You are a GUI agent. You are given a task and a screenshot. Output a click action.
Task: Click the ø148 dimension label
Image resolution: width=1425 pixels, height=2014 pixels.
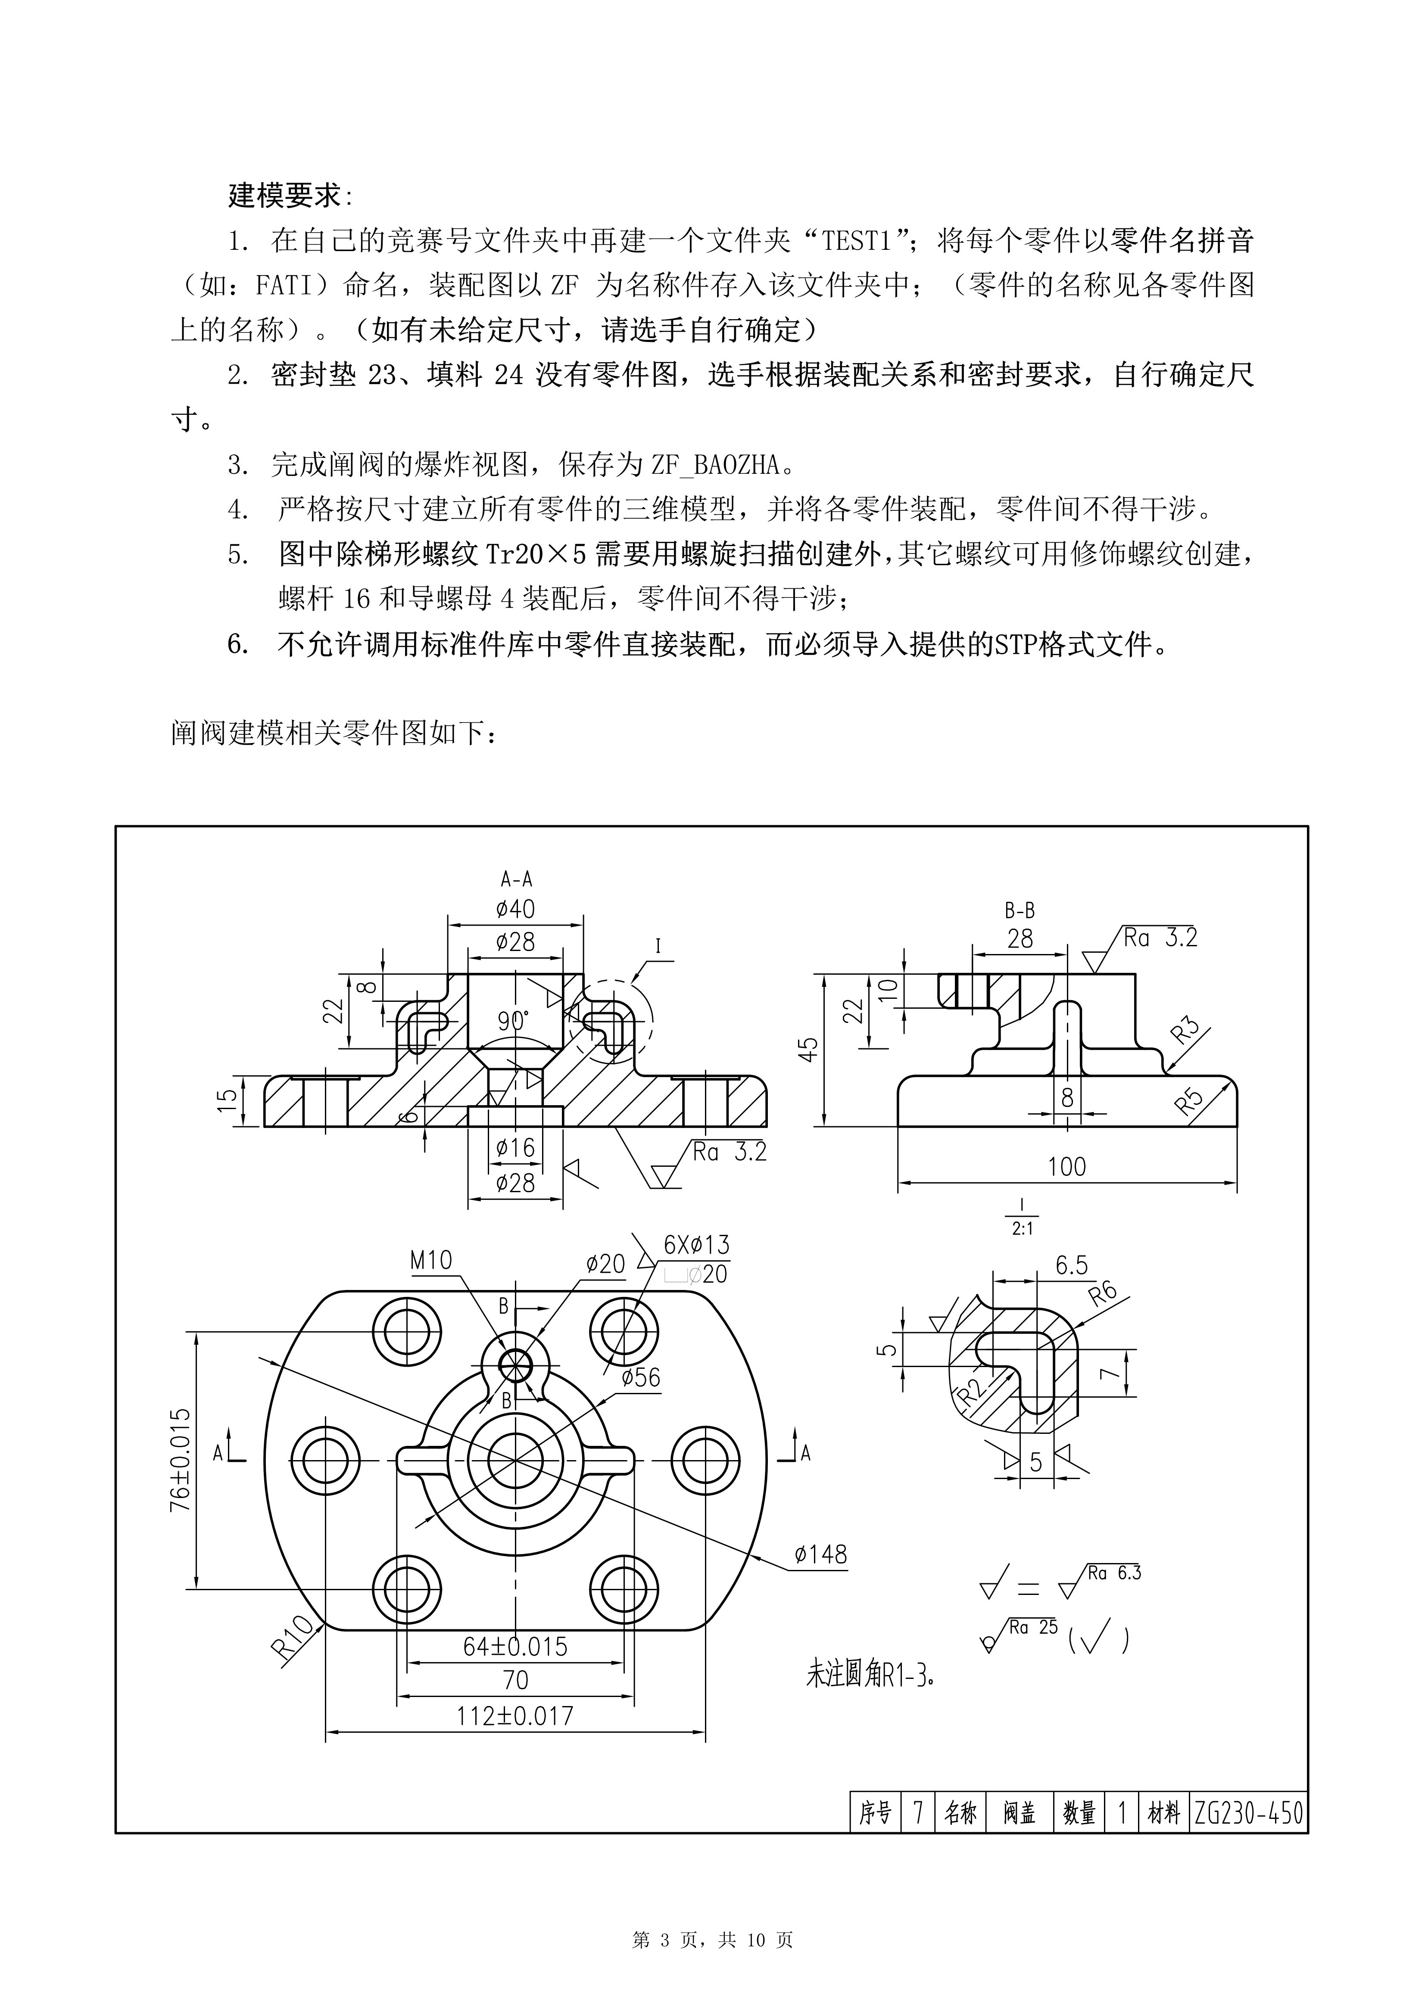click(x=820, y=1554)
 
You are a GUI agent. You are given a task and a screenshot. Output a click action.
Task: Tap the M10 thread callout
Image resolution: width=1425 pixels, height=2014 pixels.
click(x=431, y=1261)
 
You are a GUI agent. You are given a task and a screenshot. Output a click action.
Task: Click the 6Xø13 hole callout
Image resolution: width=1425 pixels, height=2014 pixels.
click(x=697, y=1245)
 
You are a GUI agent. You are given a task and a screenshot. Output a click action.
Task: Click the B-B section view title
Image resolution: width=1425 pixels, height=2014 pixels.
click(x=1020, y=911)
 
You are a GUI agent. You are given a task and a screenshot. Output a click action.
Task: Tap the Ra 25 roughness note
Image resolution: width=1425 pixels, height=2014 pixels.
click(x=1034, y=1627)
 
